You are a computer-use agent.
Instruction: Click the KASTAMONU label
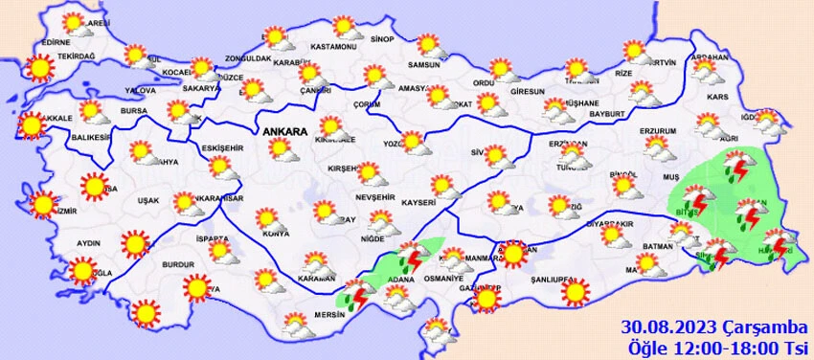pyautogui.click(x=334, y=47)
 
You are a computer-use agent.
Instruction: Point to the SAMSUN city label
pyautogui.click(x=423, y=65)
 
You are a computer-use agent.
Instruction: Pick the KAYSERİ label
pyautogui.click(x=418, y=203)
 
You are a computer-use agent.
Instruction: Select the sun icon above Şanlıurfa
pyautogui.click(x=574, y=291)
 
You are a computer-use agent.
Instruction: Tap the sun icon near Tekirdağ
pyautogui.click(x=39, y=68)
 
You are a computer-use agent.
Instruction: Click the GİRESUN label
pyautogui.click(x=528, y=92)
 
